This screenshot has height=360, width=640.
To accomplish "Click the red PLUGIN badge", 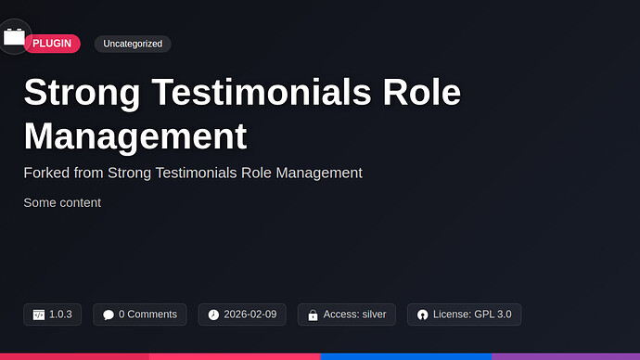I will tap(52, 44).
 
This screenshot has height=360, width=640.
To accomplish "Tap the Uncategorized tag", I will tap(133, 44).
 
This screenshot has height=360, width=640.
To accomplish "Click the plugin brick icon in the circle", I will tap(14, 37).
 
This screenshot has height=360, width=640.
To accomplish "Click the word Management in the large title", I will tap(135, 136).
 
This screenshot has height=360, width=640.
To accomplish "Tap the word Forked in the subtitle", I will tap(45, 173).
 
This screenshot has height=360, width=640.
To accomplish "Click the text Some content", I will tap(62, 202).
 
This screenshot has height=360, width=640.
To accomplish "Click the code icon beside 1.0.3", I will tap(39, 315).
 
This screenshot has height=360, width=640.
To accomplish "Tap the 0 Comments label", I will tap(147, 315).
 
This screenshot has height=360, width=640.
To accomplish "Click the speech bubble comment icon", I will tap(109, 315).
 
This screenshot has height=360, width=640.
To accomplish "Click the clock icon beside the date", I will tap(213, 315).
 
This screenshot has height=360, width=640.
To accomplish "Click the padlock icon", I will tap(313, 315).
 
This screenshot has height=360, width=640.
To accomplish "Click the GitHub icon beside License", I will tap(423, 315).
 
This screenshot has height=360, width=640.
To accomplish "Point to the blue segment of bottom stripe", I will tap(405, 356).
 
